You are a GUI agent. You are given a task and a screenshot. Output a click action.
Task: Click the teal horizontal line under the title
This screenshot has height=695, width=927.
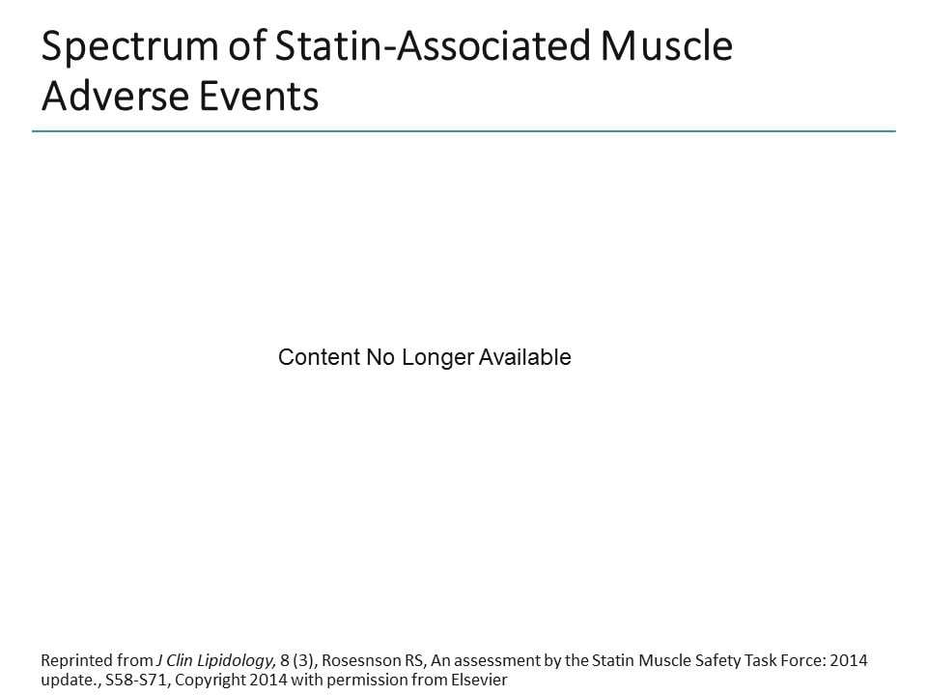point(463,131)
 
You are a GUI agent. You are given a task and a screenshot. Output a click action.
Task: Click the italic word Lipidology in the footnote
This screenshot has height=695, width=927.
point(237,661)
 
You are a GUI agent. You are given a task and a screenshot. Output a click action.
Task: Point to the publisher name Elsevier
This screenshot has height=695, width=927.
point(477,680)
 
